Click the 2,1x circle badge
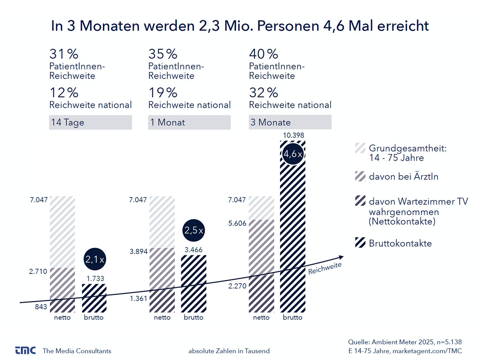94,259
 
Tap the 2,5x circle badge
194,230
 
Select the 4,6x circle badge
293,154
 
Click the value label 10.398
294,135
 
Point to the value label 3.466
193,250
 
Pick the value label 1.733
95,278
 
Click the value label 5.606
237,223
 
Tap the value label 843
41,307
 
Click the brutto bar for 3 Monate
293,227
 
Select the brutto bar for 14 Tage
94,298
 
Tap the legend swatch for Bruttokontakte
360,243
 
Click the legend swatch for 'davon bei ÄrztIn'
360,176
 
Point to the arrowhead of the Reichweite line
341,258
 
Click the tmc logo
25,351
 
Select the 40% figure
264,54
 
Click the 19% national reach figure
163,93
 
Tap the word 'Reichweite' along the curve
325,268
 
